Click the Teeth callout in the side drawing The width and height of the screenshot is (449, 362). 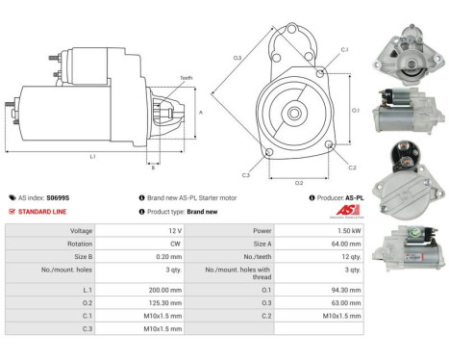click(x=186, y=78)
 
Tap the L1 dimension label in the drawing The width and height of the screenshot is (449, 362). click(x=91, y=156)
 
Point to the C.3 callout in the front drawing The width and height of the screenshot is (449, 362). click(x=246, y=175)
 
